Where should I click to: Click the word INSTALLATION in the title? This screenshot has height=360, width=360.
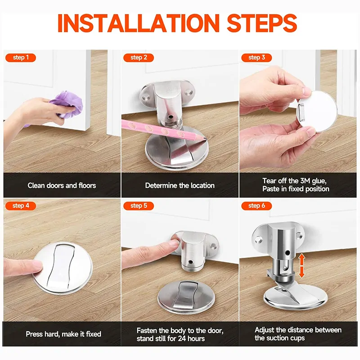139,23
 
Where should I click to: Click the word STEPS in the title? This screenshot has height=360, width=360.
262,23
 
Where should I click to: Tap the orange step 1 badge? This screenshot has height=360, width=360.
21,58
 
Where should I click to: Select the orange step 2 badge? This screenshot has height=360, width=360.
139,58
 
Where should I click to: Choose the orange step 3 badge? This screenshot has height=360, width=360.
256,58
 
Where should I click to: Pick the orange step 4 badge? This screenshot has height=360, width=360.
21,206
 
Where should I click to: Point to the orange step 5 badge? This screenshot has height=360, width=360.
139,206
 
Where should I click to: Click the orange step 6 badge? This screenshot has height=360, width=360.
256,206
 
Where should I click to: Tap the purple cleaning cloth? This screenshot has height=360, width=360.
67,104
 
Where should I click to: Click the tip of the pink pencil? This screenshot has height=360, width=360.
205,139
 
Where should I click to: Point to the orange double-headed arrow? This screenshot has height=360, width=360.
301,265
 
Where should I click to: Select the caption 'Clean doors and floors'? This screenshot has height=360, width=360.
62,185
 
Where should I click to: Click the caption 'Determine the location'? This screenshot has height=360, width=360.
180,185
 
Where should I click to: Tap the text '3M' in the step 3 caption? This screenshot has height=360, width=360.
305,181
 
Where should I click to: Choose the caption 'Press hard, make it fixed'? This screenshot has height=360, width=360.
63,334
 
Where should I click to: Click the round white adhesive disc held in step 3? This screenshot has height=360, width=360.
317,111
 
